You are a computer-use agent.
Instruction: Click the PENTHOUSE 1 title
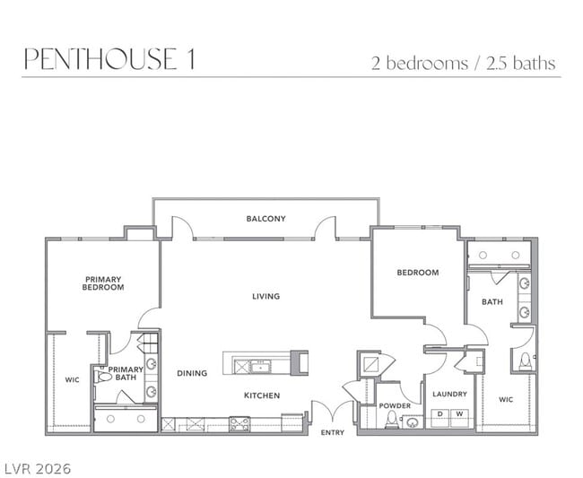pyautogui.click(x=109, y=58)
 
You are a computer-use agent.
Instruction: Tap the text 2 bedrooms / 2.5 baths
pyautogui.click(x=464, y=63)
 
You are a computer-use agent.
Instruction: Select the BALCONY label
pyautogui.click(x=266, y=219)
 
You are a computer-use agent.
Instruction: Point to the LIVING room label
pyautogui.click(x=265, y=296)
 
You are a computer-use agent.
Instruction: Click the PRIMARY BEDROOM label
pyautogui.click(x=103, y=283)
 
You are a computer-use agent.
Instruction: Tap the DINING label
pyautogui.click(x=192, y=373)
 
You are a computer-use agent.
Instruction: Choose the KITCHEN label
pyautogui.click(x=262, y=395)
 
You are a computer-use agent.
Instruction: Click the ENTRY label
pyautogui.click(x=333, y=432)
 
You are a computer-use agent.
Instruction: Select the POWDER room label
pyautogui.click(x=395, y=405)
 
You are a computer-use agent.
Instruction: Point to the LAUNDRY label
pyautogui.click(x=449, y=394)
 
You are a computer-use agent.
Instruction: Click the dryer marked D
pyautogui.click(x=440, y=418)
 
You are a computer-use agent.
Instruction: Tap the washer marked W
pyautogui.click(x=460, y=418)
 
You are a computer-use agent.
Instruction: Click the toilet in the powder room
pyautogui.click(x=391, y=420)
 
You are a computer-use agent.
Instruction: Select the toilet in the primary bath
pyautogui.click(x=103, y=377)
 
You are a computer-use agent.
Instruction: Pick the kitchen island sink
pyautogui.click(x=260, y=367)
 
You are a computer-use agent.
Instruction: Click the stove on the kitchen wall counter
pyautogui.click(x=239, y=424)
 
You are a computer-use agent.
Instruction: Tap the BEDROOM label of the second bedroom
pyautogui.click(x=418, y=273)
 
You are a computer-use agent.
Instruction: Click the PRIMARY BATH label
pyautogui.click(x=126, y=374)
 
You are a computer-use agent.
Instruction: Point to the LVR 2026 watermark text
pyautogui.click(x=36, y=468)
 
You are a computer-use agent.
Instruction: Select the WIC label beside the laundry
pyautogui.click(x=506, y=400)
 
